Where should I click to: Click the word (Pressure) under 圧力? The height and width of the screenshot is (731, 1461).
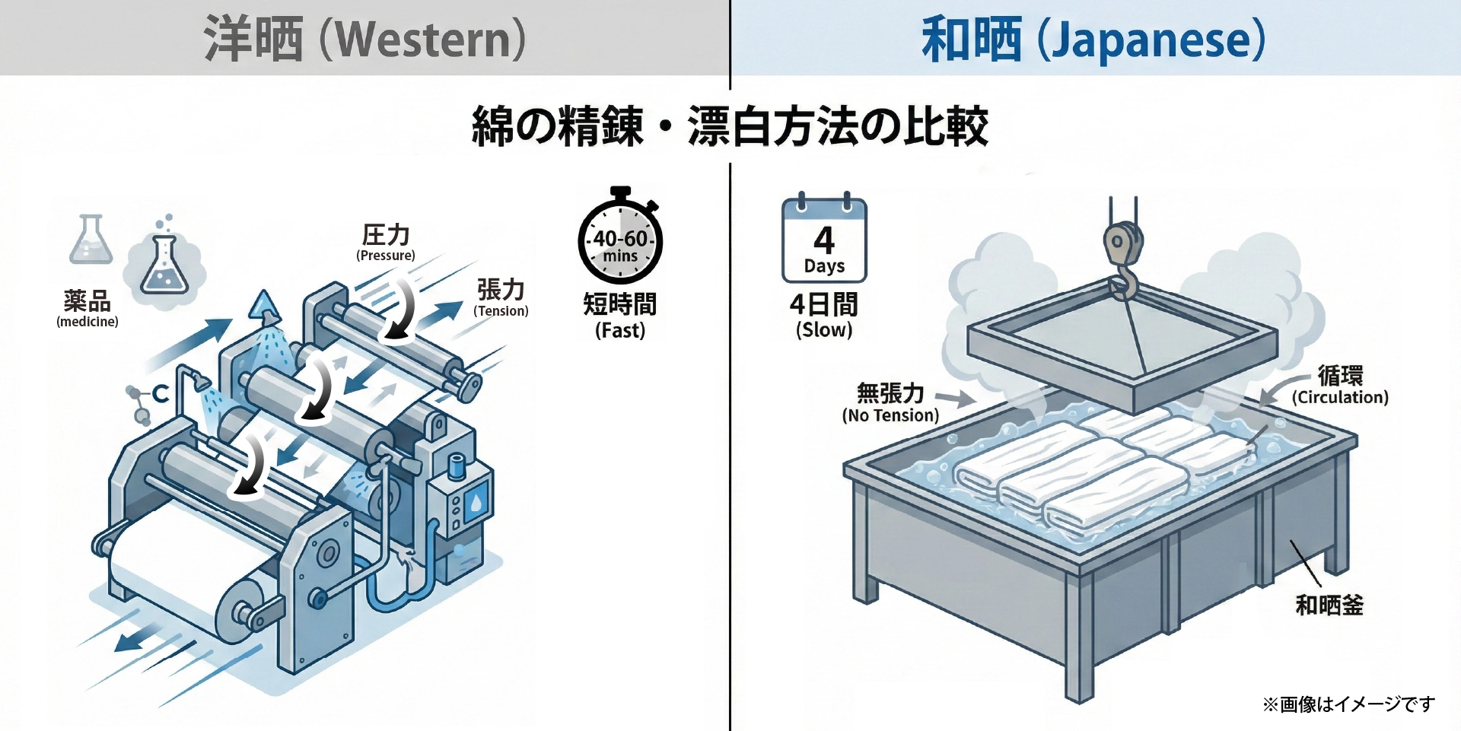coord(386,256)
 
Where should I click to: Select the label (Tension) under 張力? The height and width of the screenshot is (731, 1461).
coord(501,311)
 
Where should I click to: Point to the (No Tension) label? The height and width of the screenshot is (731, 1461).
coord(890,415)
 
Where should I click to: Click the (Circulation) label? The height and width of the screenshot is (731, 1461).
coord(1339,397)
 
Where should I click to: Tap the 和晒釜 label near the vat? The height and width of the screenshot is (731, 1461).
coord(1329,605)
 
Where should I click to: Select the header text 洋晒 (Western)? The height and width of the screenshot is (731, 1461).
coord(364,40)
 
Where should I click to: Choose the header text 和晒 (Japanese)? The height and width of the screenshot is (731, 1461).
coord(1093,40)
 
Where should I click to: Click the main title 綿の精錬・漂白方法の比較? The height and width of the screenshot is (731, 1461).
coord(730,126)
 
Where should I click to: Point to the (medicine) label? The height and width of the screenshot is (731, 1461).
coord(88,322)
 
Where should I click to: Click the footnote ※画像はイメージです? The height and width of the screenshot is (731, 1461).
coord(1348,704)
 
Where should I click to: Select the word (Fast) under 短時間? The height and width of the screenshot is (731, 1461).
coord(620,331)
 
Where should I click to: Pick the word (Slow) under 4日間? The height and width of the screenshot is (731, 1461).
coord(824,330)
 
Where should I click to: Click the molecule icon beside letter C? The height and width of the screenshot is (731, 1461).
coord(138,403)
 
